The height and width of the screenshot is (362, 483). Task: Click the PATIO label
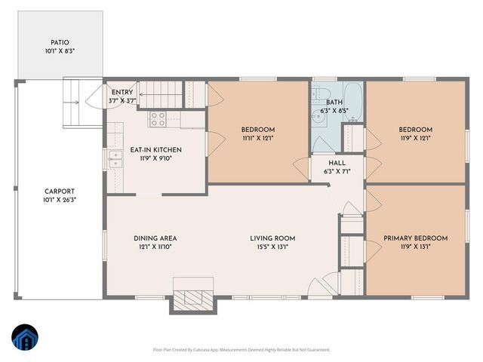(x=60, y=43)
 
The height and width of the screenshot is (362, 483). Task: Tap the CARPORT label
(x=60, y=192)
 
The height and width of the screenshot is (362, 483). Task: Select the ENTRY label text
(x=122, y=92)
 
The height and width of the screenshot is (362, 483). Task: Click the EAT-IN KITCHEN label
(x=155, y=150)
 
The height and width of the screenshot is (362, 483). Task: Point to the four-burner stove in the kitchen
(x=159, y=118)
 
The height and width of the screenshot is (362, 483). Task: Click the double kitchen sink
(x=115, y=158)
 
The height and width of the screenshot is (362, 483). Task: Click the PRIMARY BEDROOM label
(x=415, y=238)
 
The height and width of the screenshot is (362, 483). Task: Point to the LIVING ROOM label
(x=269, y=238)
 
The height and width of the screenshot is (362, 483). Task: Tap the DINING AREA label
(x=155, y=238)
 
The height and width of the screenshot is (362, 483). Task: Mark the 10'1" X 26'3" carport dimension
(x=60, y=200)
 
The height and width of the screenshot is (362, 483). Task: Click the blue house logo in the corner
(x=24, y=339)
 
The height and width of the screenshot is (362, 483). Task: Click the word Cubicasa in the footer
(x=218, y=350)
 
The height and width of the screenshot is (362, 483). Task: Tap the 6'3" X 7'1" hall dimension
(x=337, y=171)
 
